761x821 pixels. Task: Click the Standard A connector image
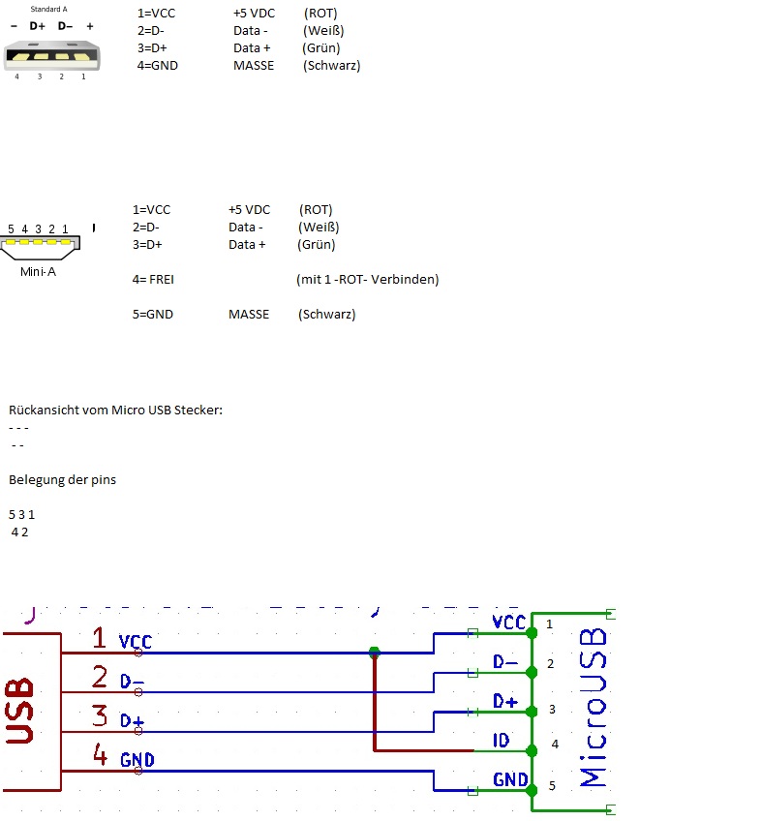point(52,55)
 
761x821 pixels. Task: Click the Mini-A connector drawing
point(41,247)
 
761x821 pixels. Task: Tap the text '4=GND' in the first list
point(158,66)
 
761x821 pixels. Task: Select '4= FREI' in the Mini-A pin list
point(153,279)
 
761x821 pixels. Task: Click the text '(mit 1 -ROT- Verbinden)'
point(368,279)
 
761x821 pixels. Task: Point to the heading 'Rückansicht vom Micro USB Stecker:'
point(116,410)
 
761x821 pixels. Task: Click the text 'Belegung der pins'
point(62,479)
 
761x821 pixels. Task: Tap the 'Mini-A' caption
point(38,271)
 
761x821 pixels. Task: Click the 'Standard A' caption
point(48,9)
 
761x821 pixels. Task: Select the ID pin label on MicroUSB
point(502,740)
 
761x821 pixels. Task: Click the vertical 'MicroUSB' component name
point(593,708)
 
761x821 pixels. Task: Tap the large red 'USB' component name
point(19,711)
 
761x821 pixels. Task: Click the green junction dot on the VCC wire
point(374,653)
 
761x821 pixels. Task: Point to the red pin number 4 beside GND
point(100,754)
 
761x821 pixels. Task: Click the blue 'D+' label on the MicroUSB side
point(505,701)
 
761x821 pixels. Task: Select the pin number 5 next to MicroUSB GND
point(552,785)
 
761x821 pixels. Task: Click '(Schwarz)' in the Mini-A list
point(327,314)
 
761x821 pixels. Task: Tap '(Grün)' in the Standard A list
point(321,48)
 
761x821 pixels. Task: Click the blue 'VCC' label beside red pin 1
point(136,641)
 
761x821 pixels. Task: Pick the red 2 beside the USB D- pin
point(100,677)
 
